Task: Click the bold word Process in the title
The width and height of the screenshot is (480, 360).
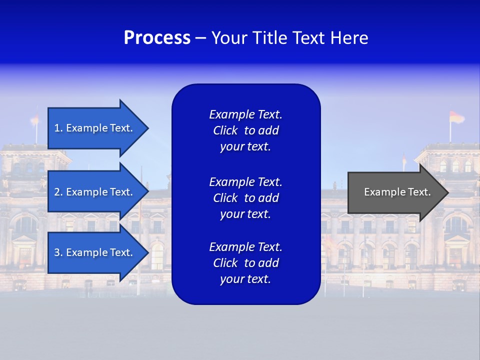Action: click(157, 38)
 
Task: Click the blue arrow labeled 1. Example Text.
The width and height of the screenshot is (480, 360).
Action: click(95, 128)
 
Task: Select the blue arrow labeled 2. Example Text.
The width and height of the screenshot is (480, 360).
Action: click(95, 192)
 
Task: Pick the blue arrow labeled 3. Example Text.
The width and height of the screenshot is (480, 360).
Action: click(95, 252)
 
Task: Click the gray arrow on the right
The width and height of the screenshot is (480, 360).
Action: click(395, 192)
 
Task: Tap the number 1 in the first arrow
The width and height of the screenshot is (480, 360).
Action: click(57, 128)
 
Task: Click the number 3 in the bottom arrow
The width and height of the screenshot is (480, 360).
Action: click(57, 252)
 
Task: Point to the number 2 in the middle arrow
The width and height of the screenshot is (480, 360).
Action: click(57, 192)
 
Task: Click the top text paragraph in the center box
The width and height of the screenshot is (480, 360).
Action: click(245, 130)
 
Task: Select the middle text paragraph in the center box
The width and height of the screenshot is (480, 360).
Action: click(245, 197)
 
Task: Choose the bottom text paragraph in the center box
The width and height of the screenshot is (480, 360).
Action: click(245, 263)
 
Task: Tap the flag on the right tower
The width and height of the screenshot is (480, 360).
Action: click(456, 117)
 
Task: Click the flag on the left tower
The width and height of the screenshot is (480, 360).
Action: click(34, 119)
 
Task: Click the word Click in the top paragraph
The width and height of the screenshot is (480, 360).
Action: click(225, 131)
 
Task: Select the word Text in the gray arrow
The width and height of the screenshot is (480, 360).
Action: click(419, 192)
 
